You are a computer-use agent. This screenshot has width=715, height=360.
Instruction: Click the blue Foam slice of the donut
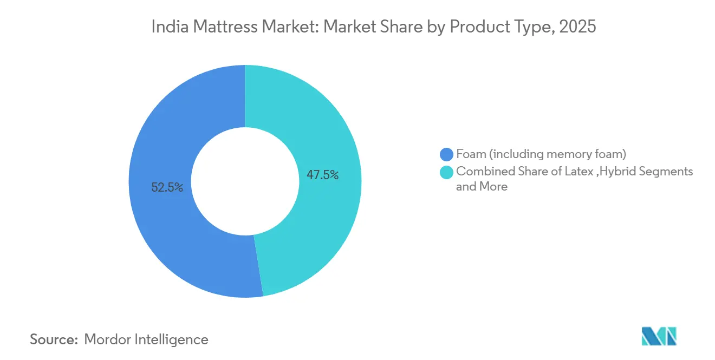[162, 227]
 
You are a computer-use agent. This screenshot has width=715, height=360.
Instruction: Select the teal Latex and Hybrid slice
[325, 135]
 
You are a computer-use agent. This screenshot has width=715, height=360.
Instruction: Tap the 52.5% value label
[167, 188]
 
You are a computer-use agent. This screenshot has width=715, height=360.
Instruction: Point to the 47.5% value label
[323, 175]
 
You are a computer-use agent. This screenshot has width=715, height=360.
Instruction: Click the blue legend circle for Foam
[447, 154]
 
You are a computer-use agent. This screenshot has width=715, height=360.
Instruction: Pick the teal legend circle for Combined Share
[447, 172]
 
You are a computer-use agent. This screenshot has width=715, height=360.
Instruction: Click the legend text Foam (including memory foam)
[541, 154]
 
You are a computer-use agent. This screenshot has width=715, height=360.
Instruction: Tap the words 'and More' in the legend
[482, 187]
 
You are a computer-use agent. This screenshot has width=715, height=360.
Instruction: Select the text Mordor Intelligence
[146, 339]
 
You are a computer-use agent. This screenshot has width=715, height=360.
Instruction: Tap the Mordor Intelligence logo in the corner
[659, 336]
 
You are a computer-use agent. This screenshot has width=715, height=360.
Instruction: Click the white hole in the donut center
[245, 181]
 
